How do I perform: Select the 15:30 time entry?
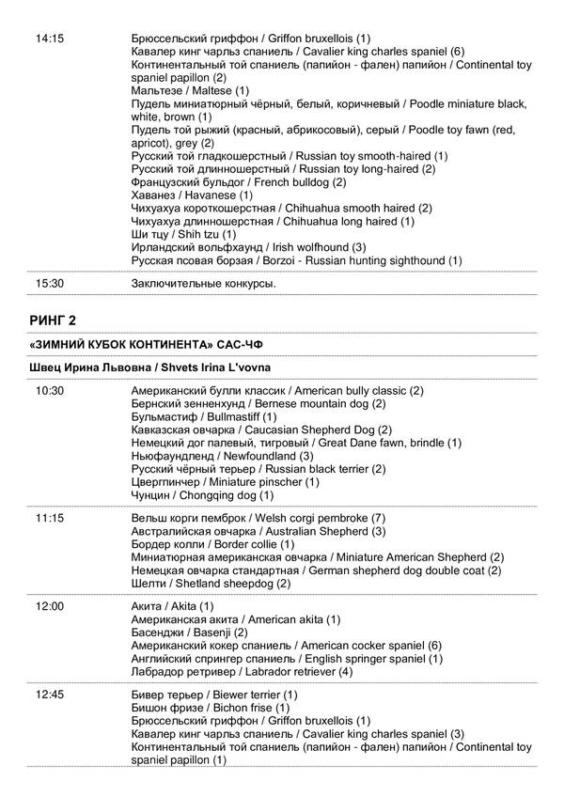point(49,282)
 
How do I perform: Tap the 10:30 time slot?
point(49,390)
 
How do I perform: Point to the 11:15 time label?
point(49,518)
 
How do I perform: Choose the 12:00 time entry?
point(49,606)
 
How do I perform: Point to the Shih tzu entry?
point(184,233)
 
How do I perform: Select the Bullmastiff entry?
point(204,415)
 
